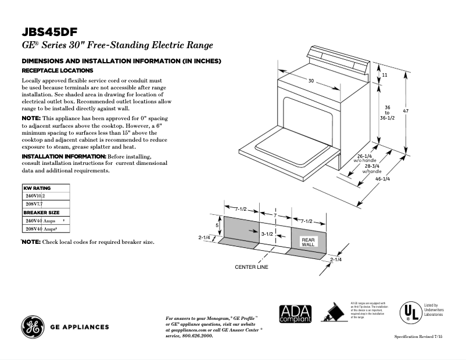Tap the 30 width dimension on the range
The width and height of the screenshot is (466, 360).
(x=311, y=81)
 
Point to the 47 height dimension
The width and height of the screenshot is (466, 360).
(x=422, y=111)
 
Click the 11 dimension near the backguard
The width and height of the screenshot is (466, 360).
(x=384, y=75)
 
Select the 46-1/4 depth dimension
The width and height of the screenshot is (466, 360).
(x=382, y=179)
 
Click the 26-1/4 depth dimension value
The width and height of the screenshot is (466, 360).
(x=364, y=156)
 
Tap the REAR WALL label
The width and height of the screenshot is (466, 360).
(x=308, y=242)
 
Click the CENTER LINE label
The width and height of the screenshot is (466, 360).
(x=252, y=267)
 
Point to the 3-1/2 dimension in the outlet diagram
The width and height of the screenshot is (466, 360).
(x=267, y=233)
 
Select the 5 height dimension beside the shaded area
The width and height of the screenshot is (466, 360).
(x=217, y=225)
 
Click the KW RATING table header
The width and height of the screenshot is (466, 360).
(x=37, y=188)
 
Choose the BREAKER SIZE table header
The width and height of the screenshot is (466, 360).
(x=41, y=213)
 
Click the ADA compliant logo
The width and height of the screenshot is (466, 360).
(x=295, y=314)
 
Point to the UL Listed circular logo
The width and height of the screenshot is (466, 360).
(x=408, y=313)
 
